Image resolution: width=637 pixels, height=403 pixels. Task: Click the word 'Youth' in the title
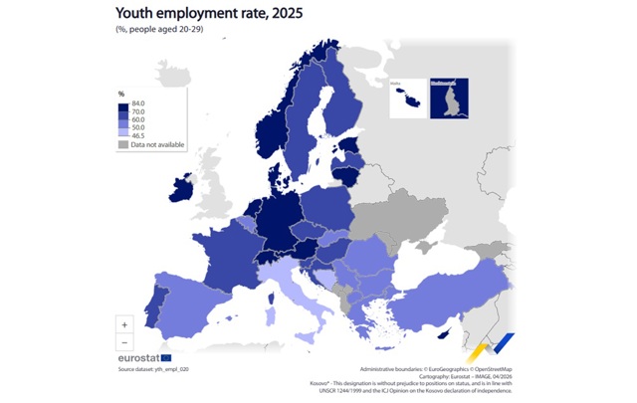pyautogui.click(x=137, y=13)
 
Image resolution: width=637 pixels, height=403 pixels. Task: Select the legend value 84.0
pyautogui.click(x=138, y=103)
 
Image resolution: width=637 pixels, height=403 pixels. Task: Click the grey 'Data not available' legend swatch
pyautogui.click(x=123, y=144)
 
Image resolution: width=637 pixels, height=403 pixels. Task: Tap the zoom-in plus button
pyautogui.click(x=124, y=324)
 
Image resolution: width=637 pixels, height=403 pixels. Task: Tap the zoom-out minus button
pyautogui.click(x=124, y=342)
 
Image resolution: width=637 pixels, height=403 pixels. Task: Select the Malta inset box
pyautogui.click(x=407, y=96)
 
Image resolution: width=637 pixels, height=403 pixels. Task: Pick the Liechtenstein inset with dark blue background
pyautogui.click(x=449, y=96)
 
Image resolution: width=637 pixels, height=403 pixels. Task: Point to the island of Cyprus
pyautogui.click(x=452, y=332)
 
